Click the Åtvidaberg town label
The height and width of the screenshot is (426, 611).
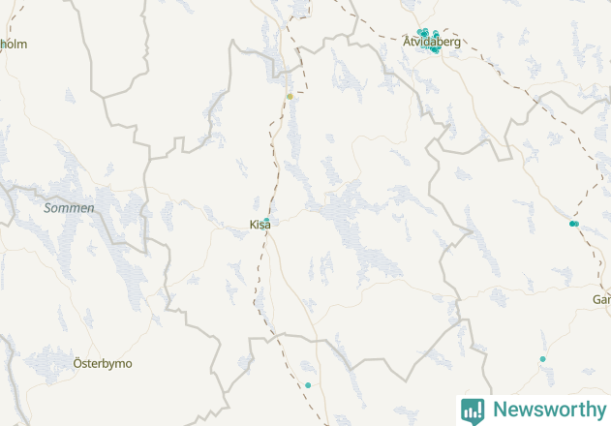click(x=432, y=42)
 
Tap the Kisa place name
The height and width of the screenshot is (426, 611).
click(x=260, y=225)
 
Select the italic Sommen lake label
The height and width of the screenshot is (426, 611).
click(x=70, y=208)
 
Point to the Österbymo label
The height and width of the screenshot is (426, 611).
click(x=103, y=364)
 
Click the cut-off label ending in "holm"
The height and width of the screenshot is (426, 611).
click(x=14, y=44)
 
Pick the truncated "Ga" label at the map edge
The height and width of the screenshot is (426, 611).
click(x=601, y=300)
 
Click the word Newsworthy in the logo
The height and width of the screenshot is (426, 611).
click(x=548, y=410)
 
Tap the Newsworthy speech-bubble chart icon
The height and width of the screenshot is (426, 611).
click(x=473, y=411)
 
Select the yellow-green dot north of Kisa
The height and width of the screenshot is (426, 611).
click(x=290, y=96)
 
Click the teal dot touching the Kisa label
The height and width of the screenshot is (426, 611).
click(x=266, y=222)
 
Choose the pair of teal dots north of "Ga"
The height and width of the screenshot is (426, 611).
click(x=574, y=224)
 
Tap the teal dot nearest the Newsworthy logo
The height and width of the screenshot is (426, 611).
click(x=542, y=359)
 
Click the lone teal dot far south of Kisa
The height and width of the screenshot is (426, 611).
click(x=308, y=385)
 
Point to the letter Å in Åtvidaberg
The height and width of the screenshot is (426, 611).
click(x=408, y=42)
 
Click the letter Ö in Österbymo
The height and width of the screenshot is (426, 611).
click(x=78, y=364)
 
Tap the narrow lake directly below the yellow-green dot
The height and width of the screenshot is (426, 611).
click(x=293, y=131)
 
